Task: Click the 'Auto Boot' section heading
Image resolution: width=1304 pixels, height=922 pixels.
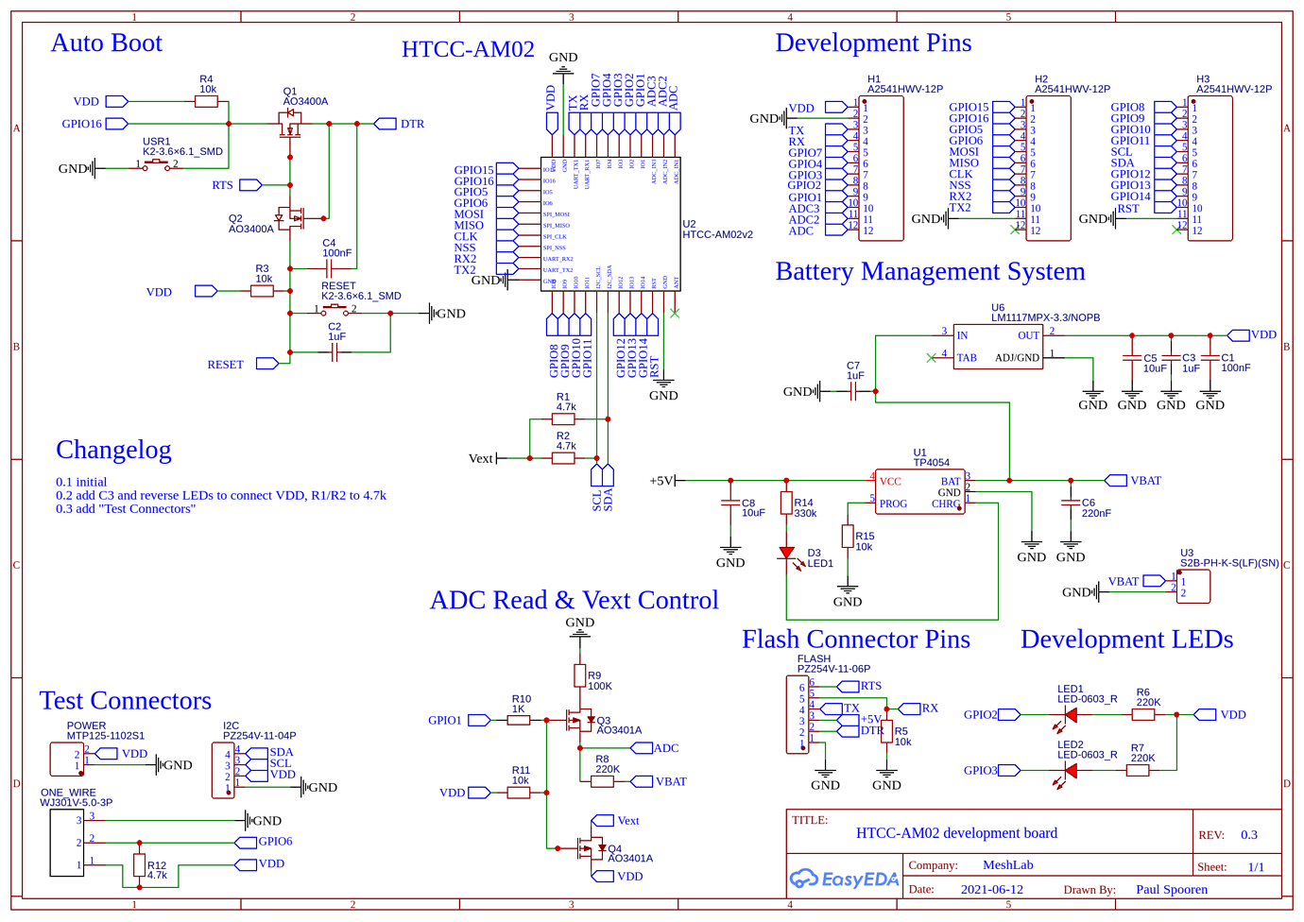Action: [x=106, y=43]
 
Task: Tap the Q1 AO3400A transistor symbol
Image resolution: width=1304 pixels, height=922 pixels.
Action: [x=290, y=124]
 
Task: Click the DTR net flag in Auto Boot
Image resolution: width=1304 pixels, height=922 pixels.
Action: [x=386, y=124]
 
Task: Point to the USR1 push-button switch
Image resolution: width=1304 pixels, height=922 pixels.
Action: [x=157, y=166]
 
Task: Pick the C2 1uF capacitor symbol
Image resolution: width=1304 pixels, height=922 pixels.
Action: [x=334, y=352]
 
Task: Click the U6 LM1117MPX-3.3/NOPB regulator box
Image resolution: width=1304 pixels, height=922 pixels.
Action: [x=998, y=347]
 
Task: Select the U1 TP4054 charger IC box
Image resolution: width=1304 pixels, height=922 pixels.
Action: [x=919, y=491]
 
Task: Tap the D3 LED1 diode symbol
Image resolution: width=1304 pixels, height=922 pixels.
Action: [x=786, y=554]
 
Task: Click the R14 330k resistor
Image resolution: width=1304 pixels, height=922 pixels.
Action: [x=786, y=504]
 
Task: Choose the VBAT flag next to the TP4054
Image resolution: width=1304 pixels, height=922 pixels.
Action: [x=1116, y=481]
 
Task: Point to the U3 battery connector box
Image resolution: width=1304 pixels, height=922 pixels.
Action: [x=1192, y=587]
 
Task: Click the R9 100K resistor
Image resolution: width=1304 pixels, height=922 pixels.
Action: [x=579, y=675]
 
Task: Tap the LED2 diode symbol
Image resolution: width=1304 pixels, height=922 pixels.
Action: [x=1070, y=770]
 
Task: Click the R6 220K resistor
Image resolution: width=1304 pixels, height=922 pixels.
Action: [x=1143, y=715]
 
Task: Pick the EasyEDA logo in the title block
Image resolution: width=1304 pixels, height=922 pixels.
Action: [x=844, y=879]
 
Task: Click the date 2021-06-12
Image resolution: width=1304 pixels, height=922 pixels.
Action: [x=991, y=890]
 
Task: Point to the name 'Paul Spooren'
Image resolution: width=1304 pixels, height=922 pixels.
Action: [x=1172, y=890]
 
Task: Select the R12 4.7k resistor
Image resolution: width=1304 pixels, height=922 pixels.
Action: [x=140, y=865]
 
